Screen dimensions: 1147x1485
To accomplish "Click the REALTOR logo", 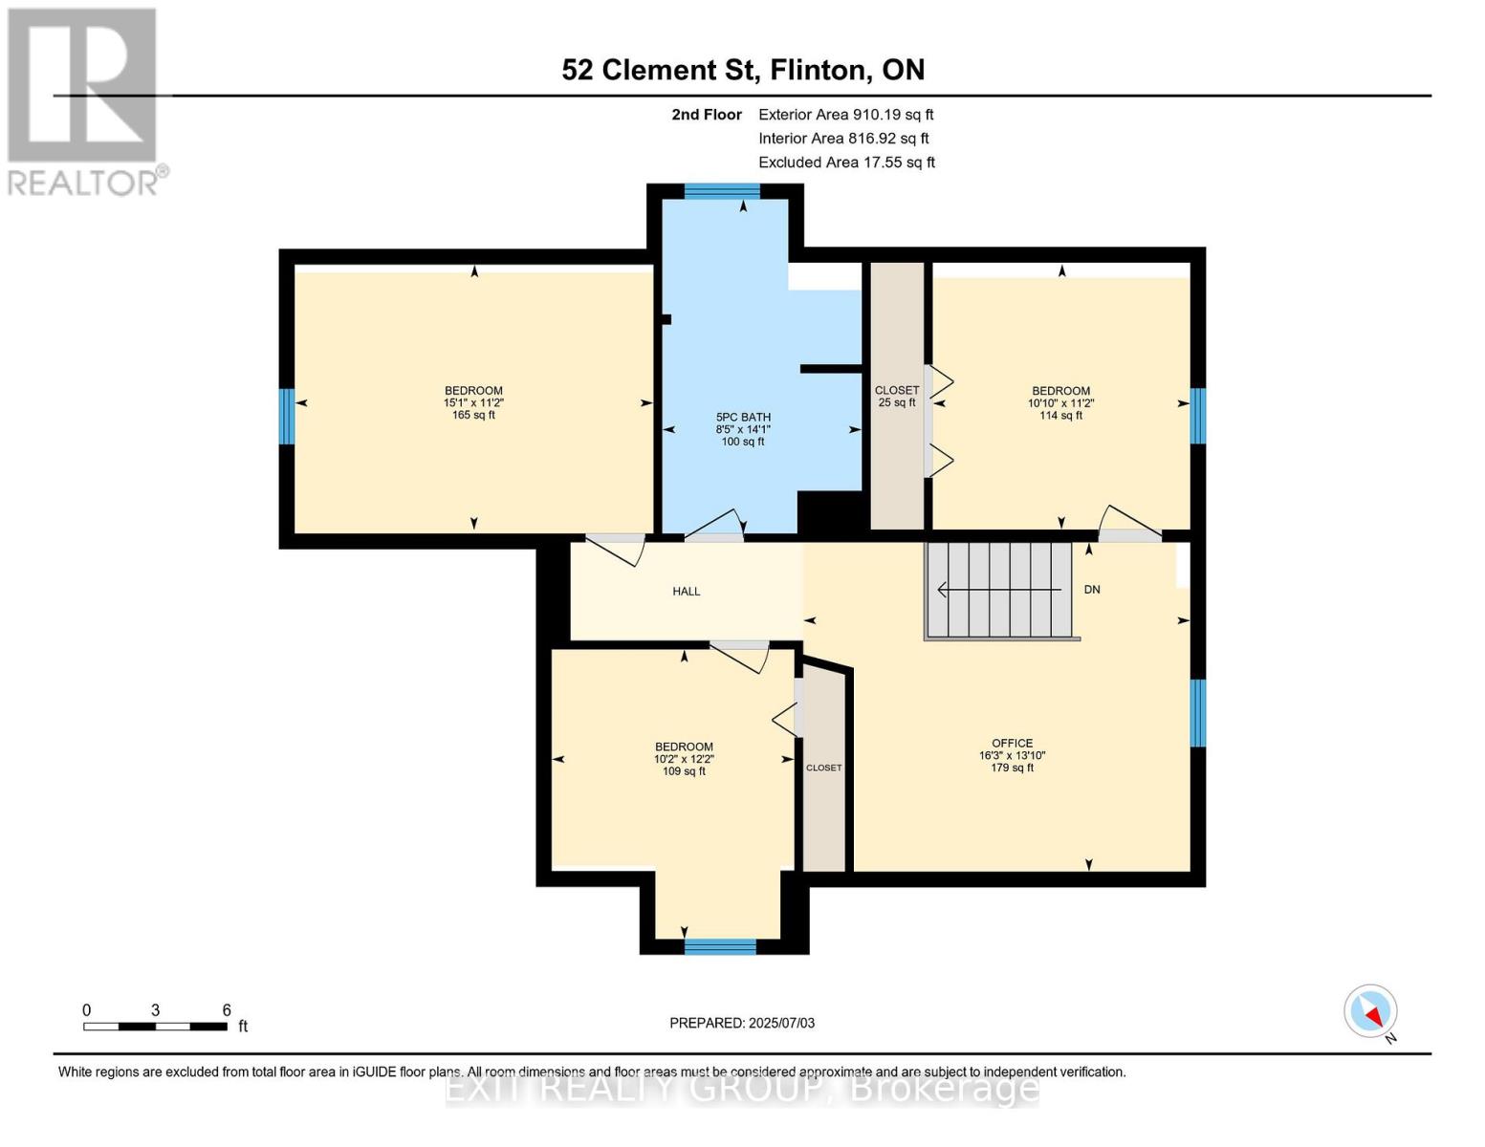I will tap(84, 100).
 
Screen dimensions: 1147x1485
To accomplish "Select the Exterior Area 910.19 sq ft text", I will tap(845, 115).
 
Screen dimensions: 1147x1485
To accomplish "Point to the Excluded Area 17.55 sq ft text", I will tap(846, 162).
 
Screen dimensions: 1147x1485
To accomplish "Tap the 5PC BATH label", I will tap(743, 429).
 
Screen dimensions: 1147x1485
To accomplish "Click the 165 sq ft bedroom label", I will tap(473, 402).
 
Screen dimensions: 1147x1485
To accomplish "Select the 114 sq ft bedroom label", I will tap(1060, 402).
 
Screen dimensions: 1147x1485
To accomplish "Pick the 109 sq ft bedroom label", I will tap(684, 759).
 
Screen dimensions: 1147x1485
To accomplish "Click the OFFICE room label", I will tap(1012, 755).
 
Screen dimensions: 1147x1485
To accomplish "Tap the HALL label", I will tap(686, 592).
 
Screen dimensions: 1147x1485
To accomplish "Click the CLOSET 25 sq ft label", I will tap(897, 396).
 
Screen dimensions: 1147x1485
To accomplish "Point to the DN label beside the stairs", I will tap(1092, 590).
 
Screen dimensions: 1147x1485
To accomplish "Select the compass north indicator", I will tap(1370, 1011).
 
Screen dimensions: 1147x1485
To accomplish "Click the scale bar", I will tap(155, 1027).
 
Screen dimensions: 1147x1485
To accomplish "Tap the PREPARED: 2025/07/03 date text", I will tap(742, 1023).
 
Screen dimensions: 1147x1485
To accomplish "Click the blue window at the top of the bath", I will tap(722, 191).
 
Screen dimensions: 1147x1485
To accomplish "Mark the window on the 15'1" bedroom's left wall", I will tap(286, 416).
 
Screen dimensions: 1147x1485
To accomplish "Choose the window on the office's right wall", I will tap(1197, 712).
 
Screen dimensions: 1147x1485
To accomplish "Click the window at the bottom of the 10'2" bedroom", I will tap(720, 946).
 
